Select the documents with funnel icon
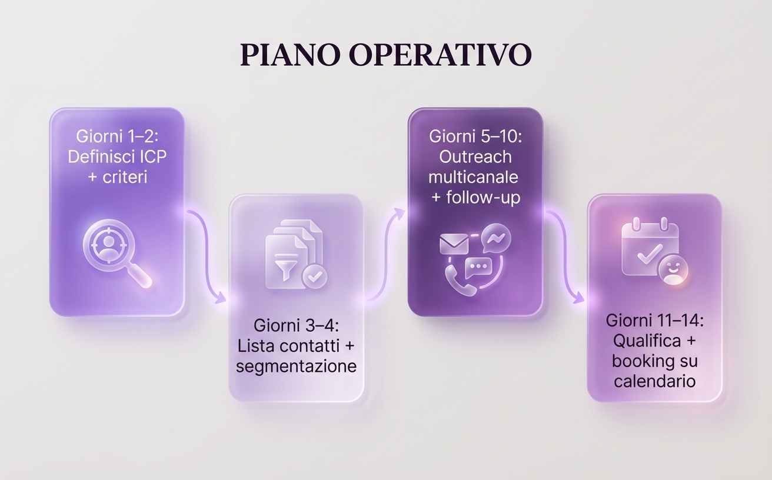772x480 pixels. (293, 254)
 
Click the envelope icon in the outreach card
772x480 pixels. (453, 244)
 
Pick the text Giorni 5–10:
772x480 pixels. (475, 136)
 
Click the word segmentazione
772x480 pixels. (296, 366)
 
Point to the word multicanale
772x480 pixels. (473, 177)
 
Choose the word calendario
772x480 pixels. (654, 381)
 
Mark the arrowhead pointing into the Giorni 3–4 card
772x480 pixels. (221, 298)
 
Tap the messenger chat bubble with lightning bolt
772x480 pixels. (495, 238)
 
